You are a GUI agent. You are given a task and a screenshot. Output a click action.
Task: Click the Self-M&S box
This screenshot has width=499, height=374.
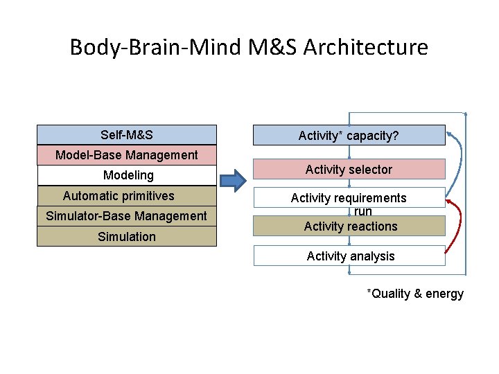click(127, 134)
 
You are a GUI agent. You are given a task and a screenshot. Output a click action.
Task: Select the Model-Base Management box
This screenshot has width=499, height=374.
click(127, 155)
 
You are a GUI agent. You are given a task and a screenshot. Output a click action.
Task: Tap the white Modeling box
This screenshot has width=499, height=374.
click(127, 175)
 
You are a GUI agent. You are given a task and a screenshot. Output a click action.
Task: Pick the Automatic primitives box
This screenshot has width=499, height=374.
click(127, 196)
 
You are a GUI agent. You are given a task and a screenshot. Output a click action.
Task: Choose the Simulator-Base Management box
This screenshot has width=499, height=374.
click(127, 216)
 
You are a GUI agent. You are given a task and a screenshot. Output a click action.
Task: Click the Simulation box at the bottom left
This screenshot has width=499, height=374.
click(127, 237)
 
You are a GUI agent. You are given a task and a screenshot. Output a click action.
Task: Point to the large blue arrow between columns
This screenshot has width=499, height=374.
click(234, 181)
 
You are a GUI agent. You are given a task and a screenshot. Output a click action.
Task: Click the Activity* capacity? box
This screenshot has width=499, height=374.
click(349, 135)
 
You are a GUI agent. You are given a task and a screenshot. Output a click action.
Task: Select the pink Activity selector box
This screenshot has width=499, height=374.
click(349, 170)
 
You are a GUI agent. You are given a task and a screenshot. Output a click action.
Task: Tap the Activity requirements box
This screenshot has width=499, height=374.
click(349, 197)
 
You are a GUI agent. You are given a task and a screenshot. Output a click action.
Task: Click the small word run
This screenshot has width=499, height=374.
click(363, 212)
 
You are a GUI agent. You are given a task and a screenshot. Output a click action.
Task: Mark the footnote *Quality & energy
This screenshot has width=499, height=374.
click(415, 294)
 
